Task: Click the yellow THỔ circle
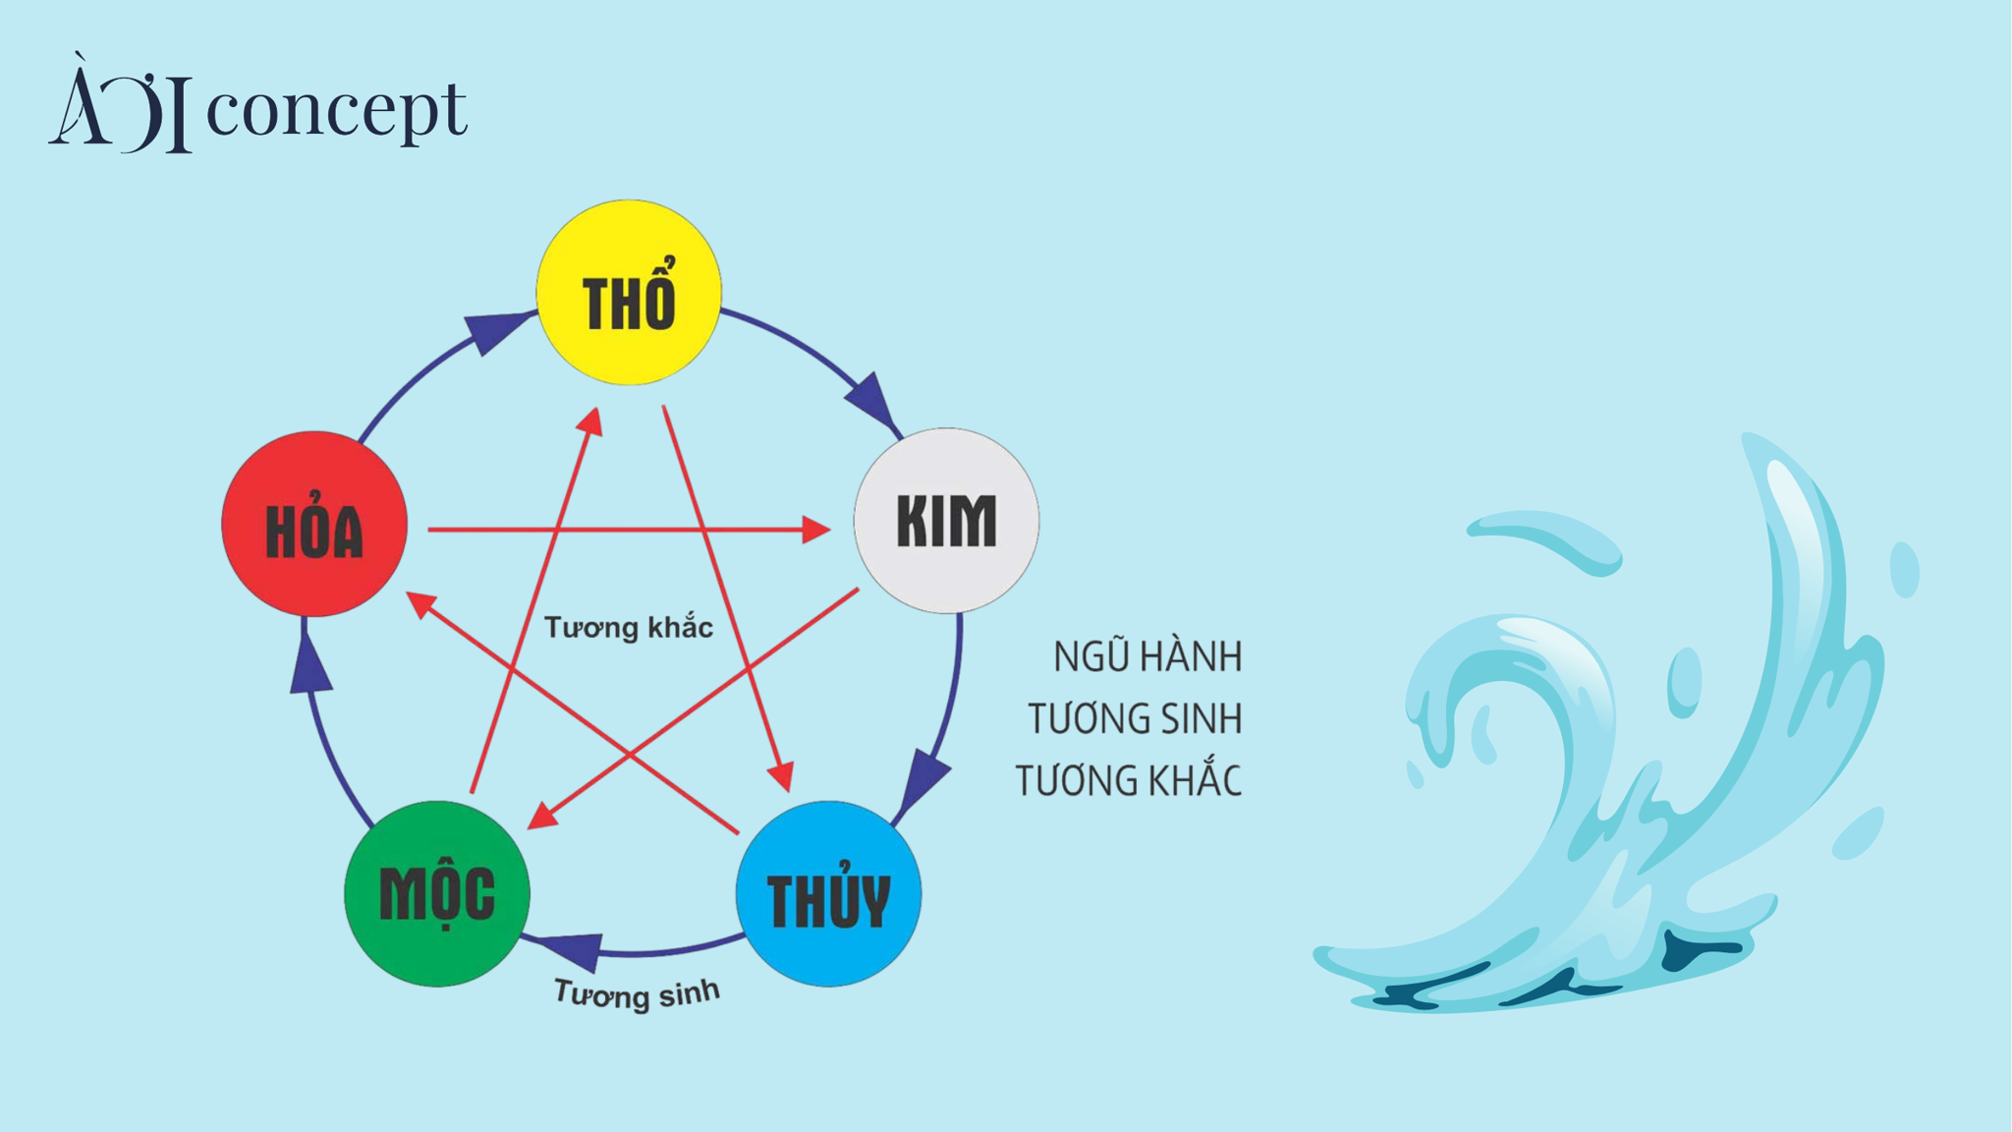(x=629, y=292)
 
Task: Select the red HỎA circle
(x=314, y=524)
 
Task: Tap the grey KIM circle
(x=946, y=521)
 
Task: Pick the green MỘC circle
(x=437, y=893)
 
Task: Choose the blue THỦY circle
(x=828, y=893)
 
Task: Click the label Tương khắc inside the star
(x=629, y=627)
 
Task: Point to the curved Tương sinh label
(x=637, y=994)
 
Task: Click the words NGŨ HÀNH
(x=1147, y=656)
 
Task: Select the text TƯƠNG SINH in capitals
(x=1135, y=719)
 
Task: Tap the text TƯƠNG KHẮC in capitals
(x=1129, y=779)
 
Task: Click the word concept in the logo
(x=336, y=111)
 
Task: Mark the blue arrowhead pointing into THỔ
(x=498, y=331)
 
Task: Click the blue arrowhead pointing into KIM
(x=872, y=401)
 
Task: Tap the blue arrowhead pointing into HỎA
(x=310, y=662)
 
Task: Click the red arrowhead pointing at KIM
(x=814, y=530)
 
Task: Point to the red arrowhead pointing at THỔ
(x=589, y=422)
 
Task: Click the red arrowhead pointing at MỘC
(x=543, y=817)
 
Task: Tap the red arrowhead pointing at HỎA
(x=422, y=604)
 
